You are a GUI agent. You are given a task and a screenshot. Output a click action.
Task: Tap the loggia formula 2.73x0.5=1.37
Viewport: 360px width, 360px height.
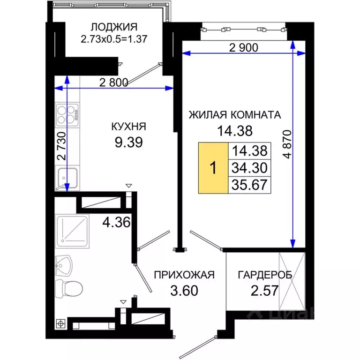tap(114, 39)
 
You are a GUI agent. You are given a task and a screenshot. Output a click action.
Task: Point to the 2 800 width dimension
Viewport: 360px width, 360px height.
tap(113, 82)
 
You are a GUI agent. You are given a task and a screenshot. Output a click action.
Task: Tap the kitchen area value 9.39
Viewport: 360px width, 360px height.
tap(128, 141)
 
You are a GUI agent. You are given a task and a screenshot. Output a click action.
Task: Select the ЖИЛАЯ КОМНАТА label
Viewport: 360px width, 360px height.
tap(234, 115)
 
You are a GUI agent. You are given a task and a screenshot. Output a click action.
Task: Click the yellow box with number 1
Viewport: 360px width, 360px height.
tap(213, 168)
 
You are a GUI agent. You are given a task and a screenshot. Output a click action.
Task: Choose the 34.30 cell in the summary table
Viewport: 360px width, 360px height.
tap(249, 167)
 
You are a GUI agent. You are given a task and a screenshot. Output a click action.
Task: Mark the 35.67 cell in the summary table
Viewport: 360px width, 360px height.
tap(249, 184)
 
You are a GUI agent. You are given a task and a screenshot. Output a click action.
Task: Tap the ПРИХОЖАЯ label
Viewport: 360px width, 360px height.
tap(184, 275)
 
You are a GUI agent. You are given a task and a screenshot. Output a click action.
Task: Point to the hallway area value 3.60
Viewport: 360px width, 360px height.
tap(184, 290)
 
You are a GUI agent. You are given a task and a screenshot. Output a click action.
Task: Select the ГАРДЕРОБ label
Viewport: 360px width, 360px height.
tap(265, 275)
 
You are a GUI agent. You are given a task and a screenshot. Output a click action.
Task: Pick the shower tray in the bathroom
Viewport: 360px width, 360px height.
tap(71, 232)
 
